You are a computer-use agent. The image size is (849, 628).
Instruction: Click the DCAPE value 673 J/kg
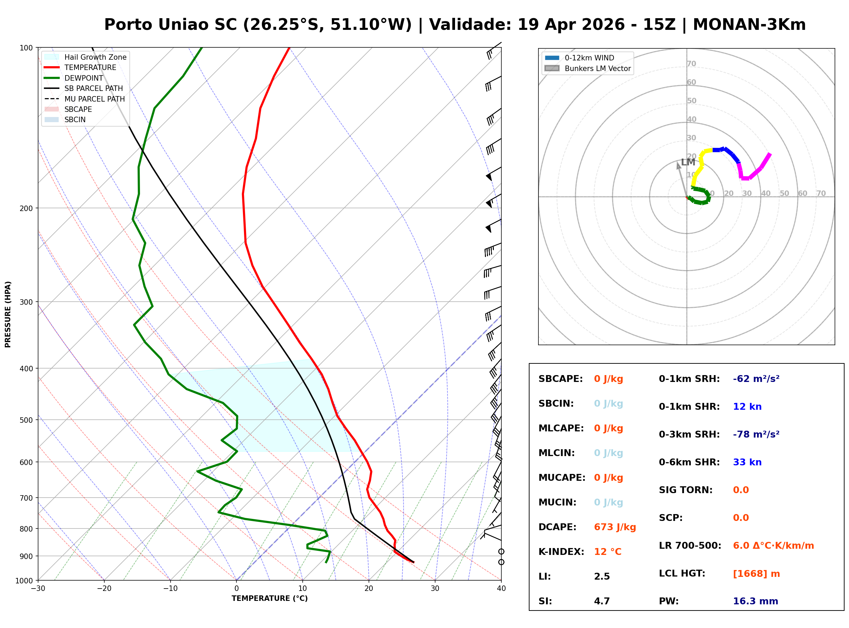(615, 527)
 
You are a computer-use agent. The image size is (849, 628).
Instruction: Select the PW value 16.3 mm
(755, 601)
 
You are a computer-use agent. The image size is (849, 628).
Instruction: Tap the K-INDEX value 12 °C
(607, 552)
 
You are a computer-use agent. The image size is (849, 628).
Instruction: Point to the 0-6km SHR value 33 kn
(747, 462)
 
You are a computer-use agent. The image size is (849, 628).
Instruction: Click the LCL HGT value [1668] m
(756, 574)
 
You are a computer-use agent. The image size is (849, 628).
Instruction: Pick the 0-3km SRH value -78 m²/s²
(756, 434)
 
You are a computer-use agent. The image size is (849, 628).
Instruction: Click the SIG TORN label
(685, 490)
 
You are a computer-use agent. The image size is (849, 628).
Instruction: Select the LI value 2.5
(602, 577)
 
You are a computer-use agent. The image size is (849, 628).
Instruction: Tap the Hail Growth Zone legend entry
(95, 57)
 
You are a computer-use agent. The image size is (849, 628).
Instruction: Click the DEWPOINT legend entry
(84, 78)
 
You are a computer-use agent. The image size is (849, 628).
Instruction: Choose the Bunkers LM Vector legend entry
(597, 68)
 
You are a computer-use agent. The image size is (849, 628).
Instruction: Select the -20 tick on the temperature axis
(104, 589)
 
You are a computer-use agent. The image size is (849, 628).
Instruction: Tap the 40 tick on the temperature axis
(501, 589)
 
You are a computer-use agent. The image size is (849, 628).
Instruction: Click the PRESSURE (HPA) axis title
(8, 314)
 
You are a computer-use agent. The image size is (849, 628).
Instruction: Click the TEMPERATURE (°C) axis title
(269, 598)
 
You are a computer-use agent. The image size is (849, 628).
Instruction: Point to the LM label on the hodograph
(688, 162)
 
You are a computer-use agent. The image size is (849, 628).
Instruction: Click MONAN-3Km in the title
(749, 25)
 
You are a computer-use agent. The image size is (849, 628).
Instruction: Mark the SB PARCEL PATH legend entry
(93, 88)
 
